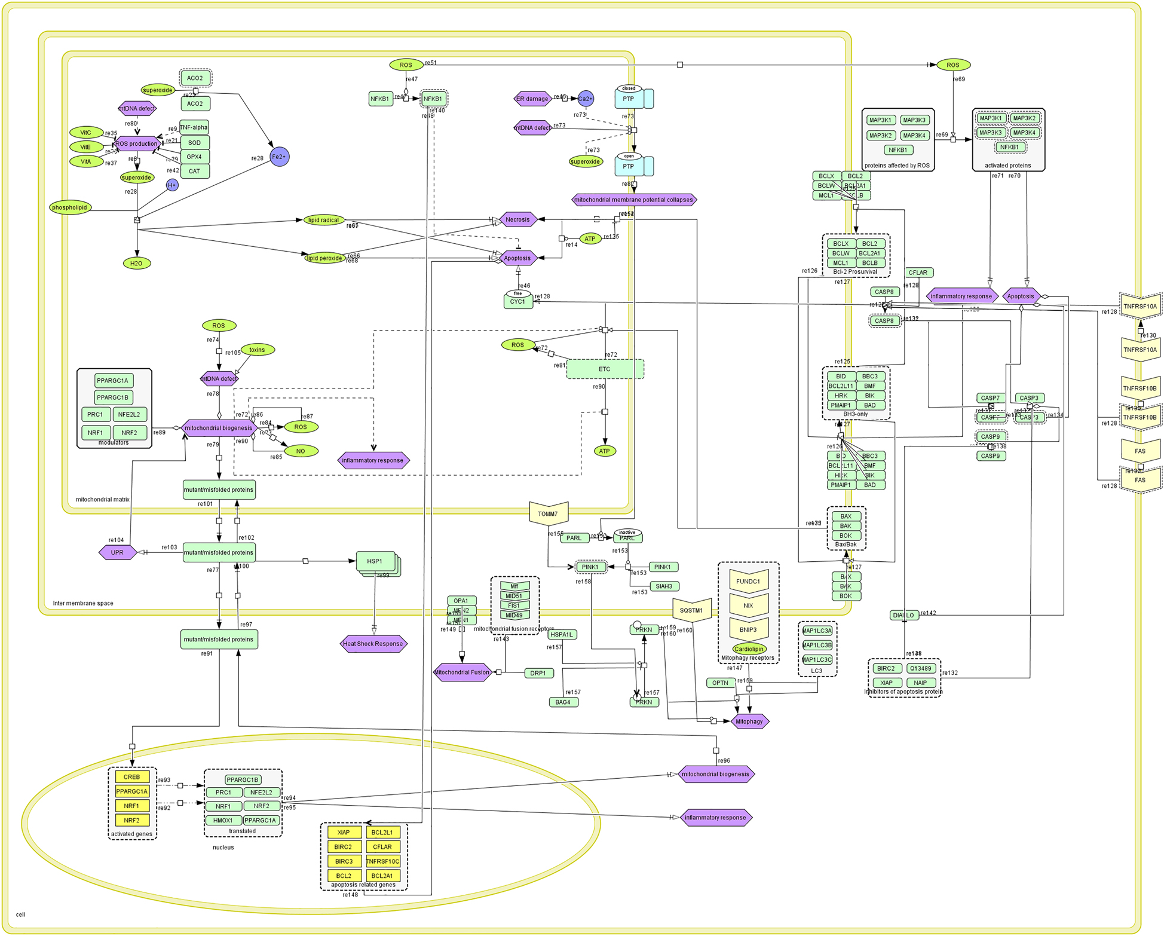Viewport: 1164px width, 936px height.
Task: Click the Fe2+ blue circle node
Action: pos(279,157)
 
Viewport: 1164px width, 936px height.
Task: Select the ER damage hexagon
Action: pos(532,99)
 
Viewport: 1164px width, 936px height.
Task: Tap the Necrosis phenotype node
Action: pos(517,219)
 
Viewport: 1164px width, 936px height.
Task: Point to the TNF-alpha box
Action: pos(194,127)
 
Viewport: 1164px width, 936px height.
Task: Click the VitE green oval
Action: pos(86,146)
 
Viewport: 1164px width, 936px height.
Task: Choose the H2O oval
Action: pos(136,263)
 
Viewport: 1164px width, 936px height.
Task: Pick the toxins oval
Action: pos(257,350)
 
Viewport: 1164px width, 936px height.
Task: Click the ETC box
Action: pos(605,369)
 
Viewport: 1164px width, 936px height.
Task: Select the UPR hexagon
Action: pos(117,552)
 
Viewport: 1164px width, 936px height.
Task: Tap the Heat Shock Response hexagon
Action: pos(373,644)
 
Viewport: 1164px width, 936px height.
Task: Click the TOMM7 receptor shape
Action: pos(548,513)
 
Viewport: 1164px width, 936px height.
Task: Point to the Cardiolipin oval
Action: pos(749,649)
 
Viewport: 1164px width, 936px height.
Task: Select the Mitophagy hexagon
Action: pos(749,721)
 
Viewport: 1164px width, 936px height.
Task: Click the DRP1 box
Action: pos(538,673)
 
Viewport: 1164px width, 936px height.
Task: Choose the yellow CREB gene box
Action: pos(132,777)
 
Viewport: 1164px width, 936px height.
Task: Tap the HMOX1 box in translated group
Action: pos(223,820)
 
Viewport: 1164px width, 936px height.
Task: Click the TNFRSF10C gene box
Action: pos(382,861)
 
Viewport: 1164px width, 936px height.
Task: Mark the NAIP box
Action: pos(920,683)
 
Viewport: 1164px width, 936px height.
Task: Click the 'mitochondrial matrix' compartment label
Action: pos(102,499)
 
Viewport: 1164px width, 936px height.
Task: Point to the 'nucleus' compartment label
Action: pos(223,847)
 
